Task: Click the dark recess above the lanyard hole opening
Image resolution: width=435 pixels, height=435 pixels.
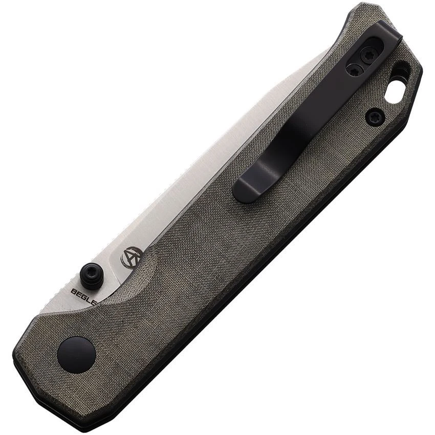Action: click(402, 70)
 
